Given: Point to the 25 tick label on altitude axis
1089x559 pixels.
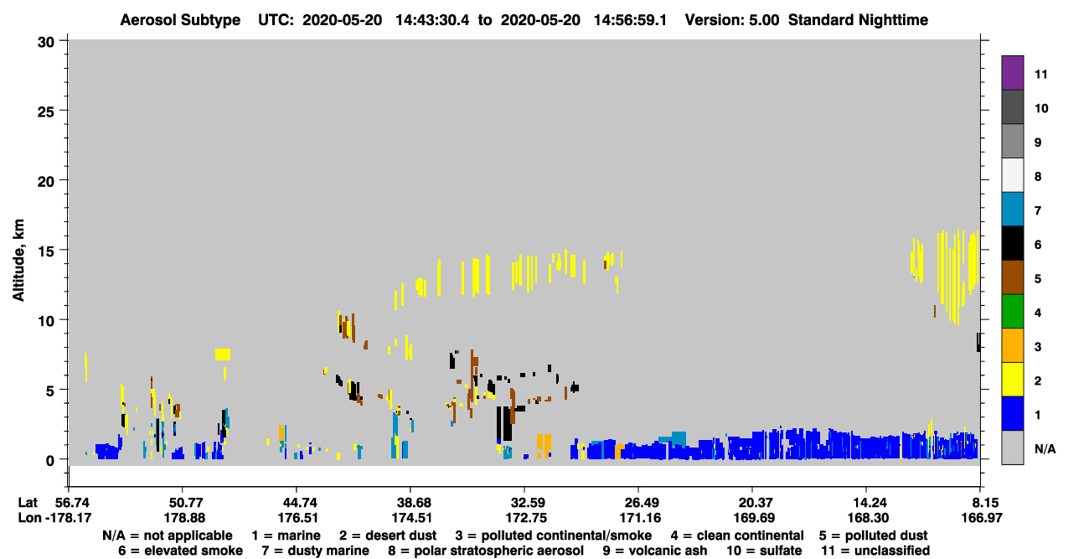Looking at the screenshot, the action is click(46, 111).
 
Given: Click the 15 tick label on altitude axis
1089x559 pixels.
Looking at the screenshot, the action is click(46, 251).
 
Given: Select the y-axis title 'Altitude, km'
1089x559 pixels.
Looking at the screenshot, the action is click(18, 261).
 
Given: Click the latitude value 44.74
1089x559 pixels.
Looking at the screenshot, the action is click(297, 503).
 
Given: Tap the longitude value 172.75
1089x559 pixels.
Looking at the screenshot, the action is click(526, 518).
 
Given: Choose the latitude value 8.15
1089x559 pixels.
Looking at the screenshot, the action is click(982, 503).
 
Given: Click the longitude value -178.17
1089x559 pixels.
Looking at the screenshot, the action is click(69, 518).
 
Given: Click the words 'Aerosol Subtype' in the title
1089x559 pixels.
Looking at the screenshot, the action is click(180, 20).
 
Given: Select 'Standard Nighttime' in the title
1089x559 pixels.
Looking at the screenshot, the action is click(858, 20).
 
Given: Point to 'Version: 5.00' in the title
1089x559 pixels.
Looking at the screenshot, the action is click(731, 20).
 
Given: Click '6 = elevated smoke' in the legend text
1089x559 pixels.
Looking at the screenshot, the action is click(180, 551).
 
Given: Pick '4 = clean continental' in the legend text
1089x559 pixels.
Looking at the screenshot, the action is click(737, 536).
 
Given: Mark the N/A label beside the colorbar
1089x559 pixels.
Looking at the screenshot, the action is click(1045, 449).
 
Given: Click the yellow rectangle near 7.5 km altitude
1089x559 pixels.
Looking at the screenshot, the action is click(223, 355).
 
